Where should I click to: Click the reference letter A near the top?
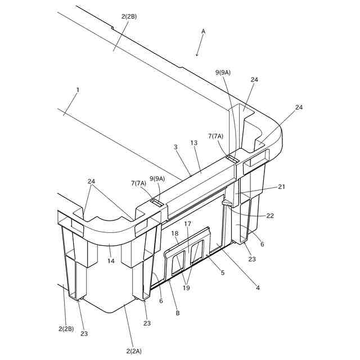click(203, 31)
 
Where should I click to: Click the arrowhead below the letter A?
click(197, 55)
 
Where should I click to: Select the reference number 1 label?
click(78, 90)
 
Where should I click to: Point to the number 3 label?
click(175, 147)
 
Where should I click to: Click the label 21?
click(281, 187)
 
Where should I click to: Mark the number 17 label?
click(187, 223)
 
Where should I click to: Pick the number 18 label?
click(175, 233)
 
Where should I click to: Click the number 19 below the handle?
click(186, 288)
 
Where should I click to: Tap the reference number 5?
click(223, 273)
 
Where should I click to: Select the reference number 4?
click(258, 288)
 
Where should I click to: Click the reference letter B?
click(178, 313)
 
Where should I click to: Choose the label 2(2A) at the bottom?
click(134, 351)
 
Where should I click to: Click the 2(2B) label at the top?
click(129, 16)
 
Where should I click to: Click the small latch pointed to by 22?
click(226, 201)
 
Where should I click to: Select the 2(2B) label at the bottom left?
click(67, 328)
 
